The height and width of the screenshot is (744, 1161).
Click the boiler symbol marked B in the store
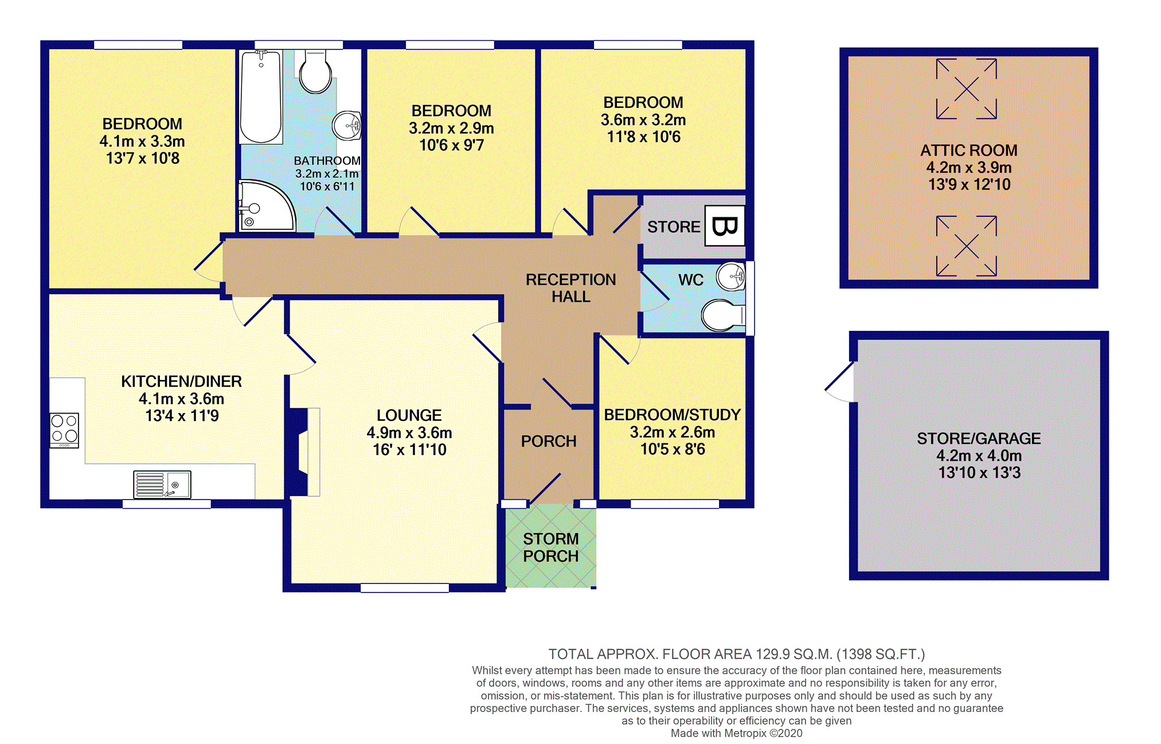pyautogui.click(x=725, y=226)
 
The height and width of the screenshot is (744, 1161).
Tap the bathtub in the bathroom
pyautogui.click(x=261, y=97)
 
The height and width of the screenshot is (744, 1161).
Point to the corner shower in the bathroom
pyautogui.click(x=266, y=206)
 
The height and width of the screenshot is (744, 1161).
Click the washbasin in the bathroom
pyautogui.click(x=347, y=125)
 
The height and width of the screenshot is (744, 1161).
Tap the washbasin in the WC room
pyautogui.click(x=731, y=276)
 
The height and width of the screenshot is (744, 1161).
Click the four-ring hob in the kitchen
pyautogui.click(x=64, y=430)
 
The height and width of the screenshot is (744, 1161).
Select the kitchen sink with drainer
pyautogui.click(x=162, y=485)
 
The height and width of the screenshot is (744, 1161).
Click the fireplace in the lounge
pyautogui.click(x=303, y=451)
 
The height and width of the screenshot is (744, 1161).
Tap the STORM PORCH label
pyautogui.click(x=551, y=547)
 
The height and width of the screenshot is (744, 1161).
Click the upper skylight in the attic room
pyautogui.click(x=967, y=89)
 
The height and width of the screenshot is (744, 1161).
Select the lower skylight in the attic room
pyautogui.click(x=967, y=246)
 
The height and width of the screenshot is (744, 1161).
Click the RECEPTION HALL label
pyautogui.click(x=571, y=288)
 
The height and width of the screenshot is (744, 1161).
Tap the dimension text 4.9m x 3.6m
pyautogui.click(x=409, y=433)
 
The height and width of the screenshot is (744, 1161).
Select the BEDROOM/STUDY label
pyautogui.click(x=673, y=415)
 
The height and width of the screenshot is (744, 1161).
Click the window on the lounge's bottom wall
pyautogui.click(x=405, y=587)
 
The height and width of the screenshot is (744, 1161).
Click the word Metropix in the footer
pyautogui.click(x=745, y=733)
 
